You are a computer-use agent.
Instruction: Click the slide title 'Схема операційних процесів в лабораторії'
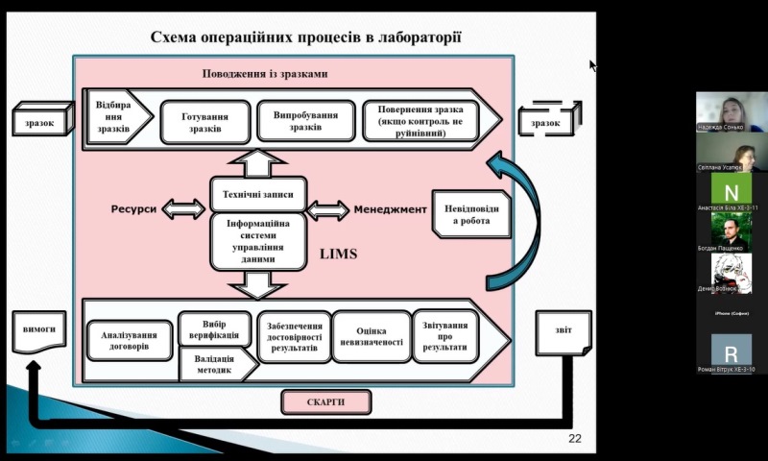(307, 37)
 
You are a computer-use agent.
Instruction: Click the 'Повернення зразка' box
(425, 122)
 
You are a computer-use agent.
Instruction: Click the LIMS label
(339, 254)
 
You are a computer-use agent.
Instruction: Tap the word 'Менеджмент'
(390, 208)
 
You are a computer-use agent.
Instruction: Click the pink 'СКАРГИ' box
(325, 402)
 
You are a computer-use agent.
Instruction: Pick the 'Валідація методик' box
(215, 362)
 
